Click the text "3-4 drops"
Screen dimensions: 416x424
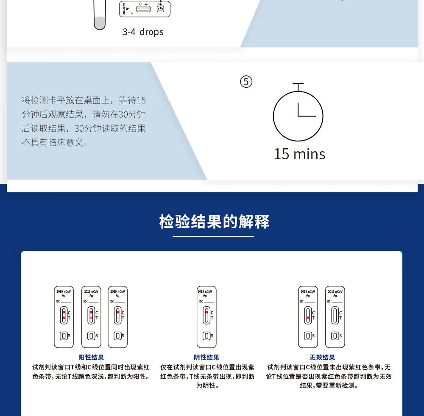(143, 32)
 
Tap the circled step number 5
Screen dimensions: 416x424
(246, 81)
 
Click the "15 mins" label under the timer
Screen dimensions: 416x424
(299, 154)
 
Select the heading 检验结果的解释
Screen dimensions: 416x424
(214, 222)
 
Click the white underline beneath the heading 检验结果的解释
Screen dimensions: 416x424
(213, 236)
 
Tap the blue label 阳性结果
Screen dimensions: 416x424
(91, 358)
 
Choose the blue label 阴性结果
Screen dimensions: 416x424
(206, 358)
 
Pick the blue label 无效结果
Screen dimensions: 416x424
(322, 358)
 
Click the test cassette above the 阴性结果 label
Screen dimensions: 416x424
(206, 317)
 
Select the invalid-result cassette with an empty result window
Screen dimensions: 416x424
(335, 317)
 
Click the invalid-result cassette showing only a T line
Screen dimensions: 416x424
(308, 317)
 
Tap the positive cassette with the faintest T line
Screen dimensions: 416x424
(117, 317)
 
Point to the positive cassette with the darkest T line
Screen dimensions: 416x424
(64, 317)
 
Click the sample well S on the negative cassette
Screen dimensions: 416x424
(206, 336)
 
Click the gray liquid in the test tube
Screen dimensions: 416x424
(99, 23)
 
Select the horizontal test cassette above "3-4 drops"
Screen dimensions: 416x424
(145, 8)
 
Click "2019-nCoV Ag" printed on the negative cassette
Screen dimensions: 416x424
(206, 293)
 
